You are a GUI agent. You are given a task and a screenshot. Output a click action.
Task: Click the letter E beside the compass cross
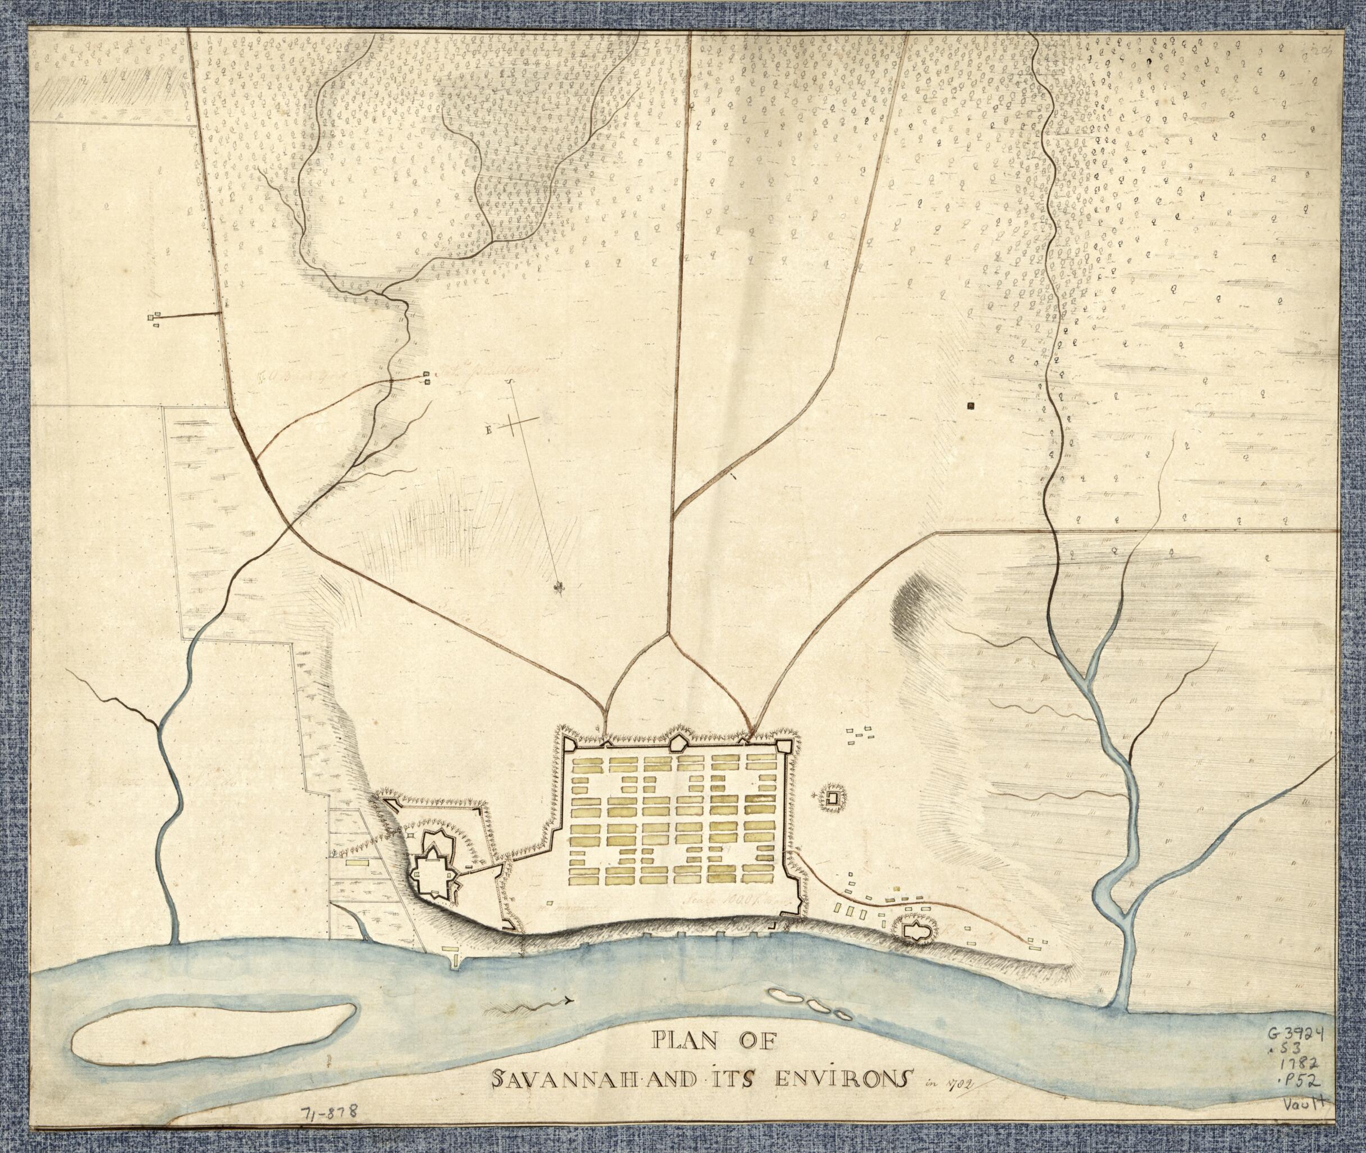pyautogui.click(x=488, y=429)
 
